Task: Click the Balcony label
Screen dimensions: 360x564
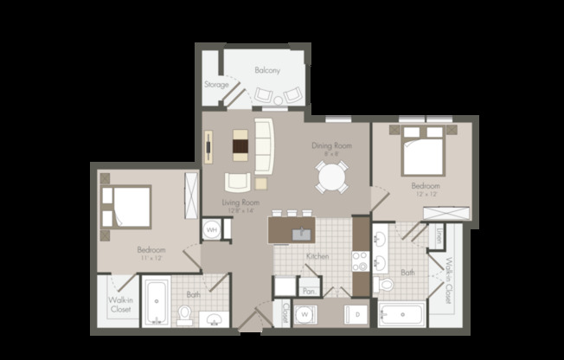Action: (267, 70)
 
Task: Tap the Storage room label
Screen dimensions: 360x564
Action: (215, 85)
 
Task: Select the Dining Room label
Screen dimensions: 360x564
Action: (332, 145)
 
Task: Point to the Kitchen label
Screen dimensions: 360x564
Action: (317, 257)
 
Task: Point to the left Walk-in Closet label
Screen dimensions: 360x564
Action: (120, 304)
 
